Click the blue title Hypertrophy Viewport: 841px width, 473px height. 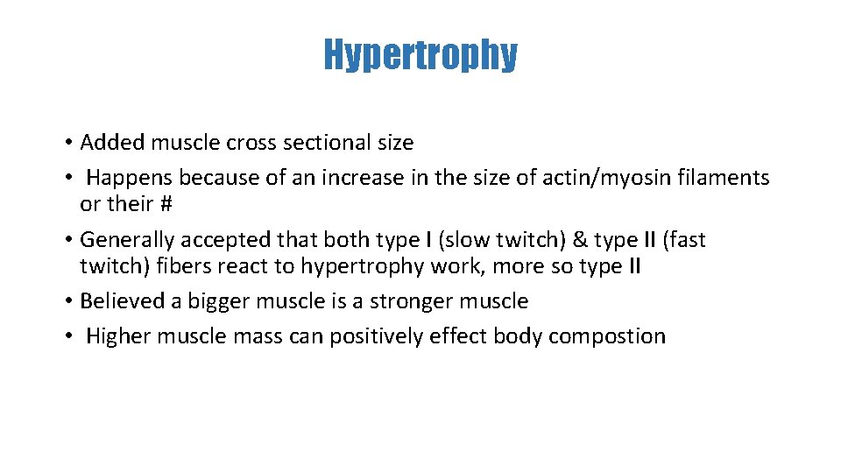coord(420,54)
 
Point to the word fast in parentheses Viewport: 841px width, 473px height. coord(682,240)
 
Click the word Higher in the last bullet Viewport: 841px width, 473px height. coord(118,336)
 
